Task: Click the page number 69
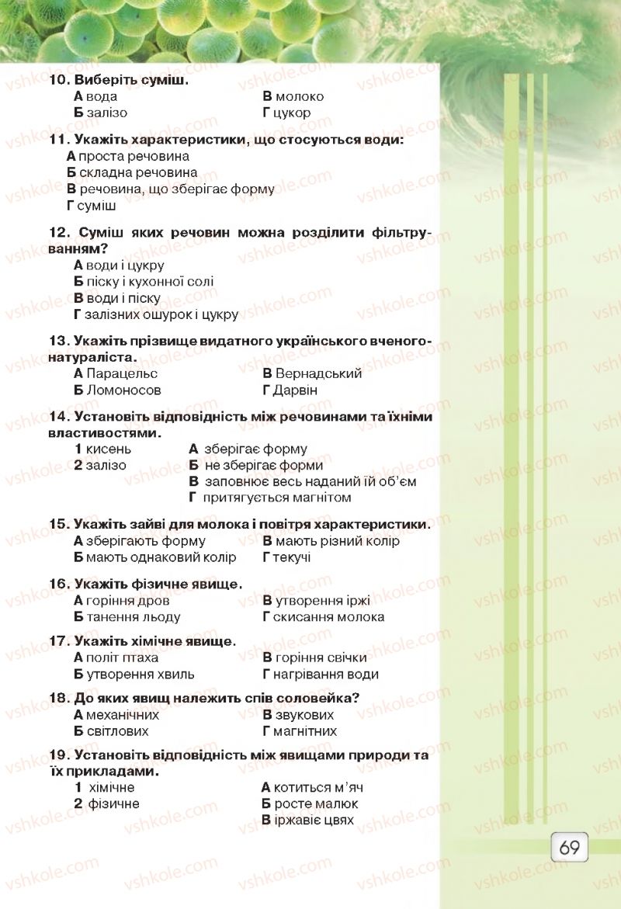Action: [x=569, y=846]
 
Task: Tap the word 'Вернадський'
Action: [x=318, y=373]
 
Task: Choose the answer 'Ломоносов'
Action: [x=124, y=390]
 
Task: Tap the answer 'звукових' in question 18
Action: [x=304, y=715]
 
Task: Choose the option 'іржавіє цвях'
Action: [x=314, y=820]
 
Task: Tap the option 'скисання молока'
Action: [x=328, y=617]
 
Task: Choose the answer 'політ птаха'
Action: [x=122, y=658]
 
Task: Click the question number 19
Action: [x=59, y=755]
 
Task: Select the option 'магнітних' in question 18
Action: [x=305, y=731]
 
